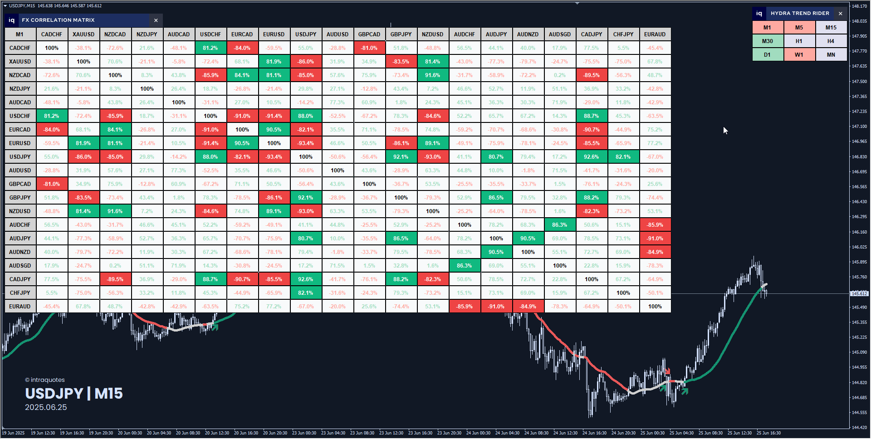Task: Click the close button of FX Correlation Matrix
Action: (156, 20)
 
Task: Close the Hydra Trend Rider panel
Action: (841, 14)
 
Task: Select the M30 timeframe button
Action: (768, 41)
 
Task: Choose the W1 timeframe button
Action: (799, 55)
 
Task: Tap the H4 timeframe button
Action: (831, 41)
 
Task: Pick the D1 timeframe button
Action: (768, 55)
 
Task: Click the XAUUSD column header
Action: (83, 34)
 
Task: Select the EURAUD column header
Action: (655, 34)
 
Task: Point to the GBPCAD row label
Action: (20, 184)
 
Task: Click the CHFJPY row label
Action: (20, 293)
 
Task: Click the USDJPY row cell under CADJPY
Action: (592, 157)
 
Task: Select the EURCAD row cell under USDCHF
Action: (210, 130)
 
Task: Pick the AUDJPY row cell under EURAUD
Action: (655, 239)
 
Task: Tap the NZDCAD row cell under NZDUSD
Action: (433, 75)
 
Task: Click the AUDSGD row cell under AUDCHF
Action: (465, 266)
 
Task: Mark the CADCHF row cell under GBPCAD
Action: (369, 48)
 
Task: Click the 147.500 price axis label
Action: (859, 82)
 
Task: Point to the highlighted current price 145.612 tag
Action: (859, 293)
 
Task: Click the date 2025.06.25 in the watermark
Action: (46, 407)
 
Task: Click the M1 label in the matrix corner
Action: (20, 34)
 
